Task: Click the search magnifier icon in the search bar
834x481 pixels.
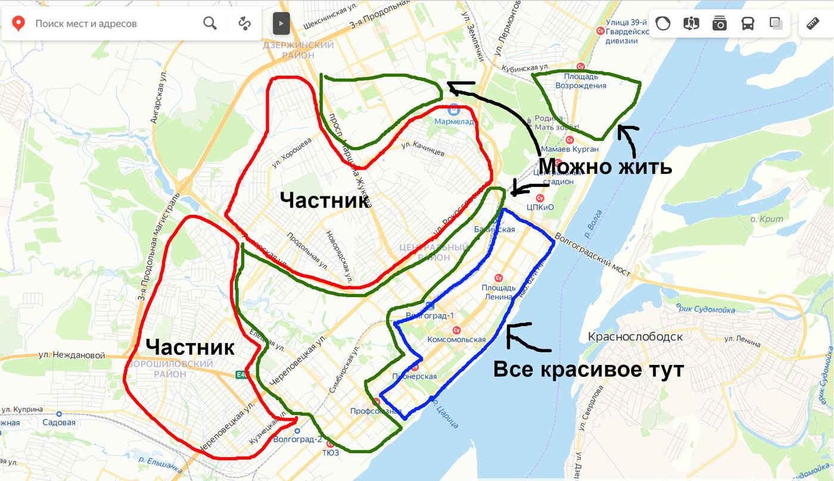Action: point(210,23)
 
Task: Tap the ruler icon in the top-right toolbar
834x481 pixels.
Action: point(813,24)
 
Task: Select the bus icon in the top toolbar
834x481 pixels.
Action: point(748,23)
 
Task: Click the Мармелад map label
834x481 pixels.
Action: point(454,121)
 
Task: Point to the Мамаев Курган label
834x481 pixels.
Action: point(570,149)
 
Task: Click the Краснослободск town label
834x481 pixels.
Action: point(635,336)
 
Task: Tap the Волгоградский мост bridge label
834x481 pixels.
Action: point(593,254)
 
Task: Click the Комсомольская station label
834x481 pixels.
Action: point(456,339)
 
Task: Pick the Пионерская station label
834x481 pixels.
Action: point(415,376)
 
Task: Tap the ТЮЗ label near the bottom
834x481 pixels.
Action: point(331,452)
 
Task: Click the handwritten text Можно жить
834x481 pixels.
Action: point(605,166)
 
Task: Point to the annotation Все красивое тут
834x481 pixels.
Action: point(588,370)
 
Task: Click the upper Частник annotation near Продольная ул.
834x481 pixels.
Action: point(325,201)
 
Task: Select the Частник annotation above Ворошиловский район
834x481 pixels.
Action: point(189,347)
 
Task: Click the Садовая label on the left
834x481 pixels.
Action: point(59,423)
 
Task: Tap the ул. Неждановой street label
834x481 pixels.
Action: point(71,355)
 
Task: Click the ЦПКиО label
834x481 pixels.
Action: point(540,207)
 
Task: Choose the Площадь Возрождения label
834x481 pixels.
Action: point(581,81)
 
